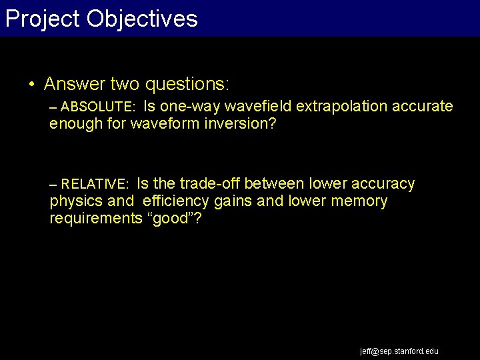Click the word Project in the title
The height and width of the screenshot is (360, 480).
click(x=43, y=19)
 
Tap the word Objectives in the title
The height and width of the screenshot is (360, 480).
click(x=143, y=19)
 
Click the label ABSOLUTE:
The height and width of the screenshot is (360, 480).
click(x=99, y=107)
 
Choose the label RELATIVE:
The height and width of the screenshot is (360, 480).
click(x=95, y=184)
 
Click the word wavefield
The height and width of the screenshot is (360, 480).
click(x=259, y=107)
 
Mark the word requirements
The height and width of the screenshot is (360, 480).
click(x=95, y=219)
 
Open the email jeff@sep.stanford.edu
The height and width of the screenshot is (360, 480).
click(x=399, y=351)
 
